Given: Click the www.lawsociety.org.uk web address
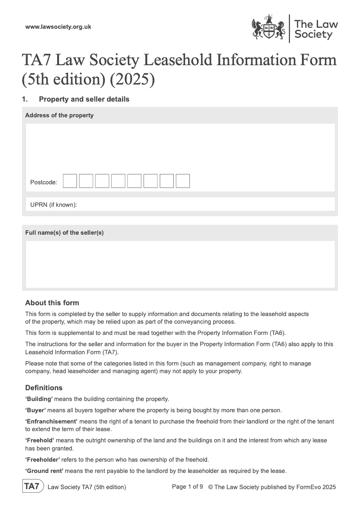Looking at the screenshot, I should [x=58, y=27].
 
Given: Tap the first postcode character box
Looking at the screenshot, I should [x=70, y=181].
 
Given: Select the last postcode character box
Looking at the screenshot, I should [x=183, y=181].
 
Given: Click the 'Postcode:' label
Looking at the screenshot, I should [x=44, y=182].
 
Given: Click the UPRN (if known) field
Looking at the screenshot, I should [x=180, y=205].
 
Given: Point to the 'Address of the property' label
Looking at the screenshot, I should [x=59, y=115].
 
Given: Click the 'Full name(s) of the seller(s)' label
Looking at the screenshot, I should [x=64, y=232].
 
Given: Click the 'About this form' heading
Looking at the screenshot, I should [x=52, y=303].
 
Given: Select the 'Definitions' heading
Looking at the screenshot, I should [x=44, y=388].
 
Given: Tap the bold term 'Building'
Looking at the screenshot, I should [x=39, y=399].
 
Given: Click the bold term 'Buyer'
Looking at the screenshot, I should [x=36, y=410].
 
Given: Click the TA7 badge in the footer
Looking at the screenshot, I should [x=33, y=486].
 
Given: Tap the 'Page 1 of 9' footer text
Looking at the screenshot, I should [x=188, y=486].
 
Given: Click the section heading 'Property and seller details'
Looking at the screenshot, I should [x=84, y=99].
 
